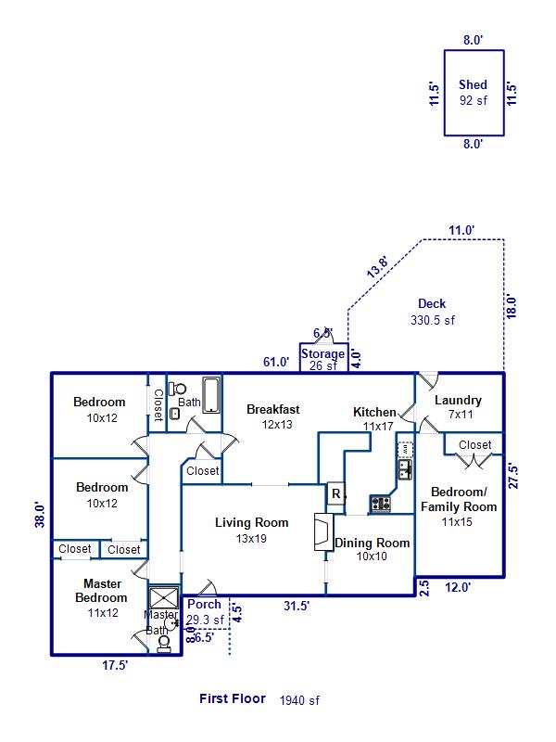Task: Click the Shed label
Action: point(473,85)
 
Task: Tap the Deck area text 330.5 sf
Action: point(433,320)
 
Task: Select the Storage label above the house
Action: point(322,353)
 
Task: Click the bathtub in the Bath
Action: point(211,395)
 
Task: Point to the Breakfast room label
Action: point(272,409)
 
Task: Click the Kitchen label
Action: point(375,412)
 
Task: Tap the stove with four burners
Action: point(381,504)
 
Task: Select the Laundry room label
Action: point(458,401)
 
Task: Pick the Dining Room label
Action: point(372,544)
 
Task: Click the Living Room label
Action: point(251,523)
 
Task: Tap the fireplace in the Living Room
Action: point(321,532)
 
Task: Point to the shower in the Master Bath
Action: point(164,597)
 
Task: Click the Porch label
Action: point(204,605)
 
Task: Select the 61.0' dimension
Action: point(276,363)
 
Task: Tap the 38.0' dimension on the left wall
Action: point(39,515)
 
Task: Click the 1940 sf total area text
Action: point(299,701)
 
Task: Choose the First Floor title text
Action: point(233,699)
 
